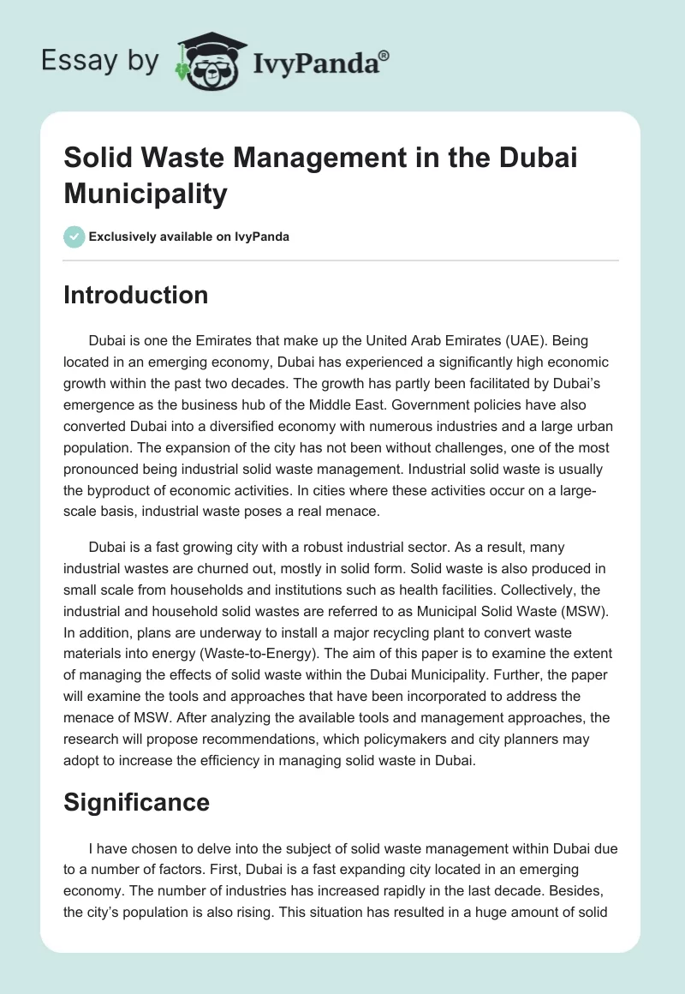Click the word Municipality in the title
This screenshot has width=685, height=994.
tap(145, 194)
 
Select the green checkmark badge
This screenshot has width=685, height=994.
tap(74, 237)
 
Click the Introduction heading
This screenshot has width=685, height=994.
tap(136, 295)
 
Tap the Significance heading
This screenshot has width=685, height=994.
tap(137, 802)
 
